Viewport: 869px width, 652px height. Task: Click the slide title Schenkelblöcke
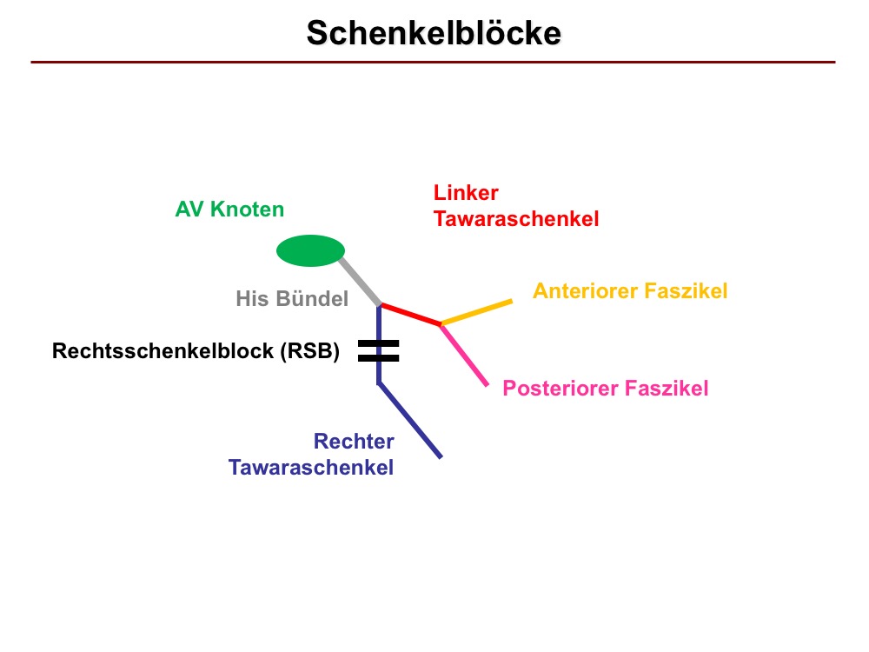click(434, 33)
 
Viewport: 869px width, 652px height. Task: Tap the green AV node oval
click(310, 250)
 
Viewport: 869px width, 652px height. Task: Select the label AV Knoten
click(229, 209)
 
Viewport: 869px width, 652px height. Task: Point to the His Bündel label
click(292, 298)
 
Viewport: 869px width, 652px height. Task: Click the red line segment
click(411, 314)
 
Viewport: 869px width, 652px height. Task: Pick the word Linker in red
click(466, 192)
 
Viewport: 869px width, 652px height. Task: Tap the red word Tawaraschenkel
click(516, 218)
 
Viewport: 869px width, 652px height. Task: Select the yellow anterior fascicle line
click(476, 311)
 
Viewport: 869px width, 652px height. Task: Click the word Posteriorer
click(561, 388)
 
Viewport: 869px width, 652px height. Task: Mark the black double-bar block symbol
click(379, 351)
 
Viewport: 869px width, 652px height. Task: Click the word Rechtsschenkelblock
click(163, 351)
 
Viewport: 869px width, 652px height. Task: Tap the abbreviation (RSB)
click(310, 351)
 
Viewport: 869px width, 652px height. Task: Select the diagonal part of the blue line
click(409, 420)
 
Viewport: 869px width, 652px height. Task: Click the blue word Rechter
click(354, 442)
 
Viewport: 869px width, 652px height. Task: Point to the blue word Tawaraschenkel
click(311, 468)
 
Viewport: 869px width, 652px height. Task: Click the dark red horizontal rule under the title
click(433, 62)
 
